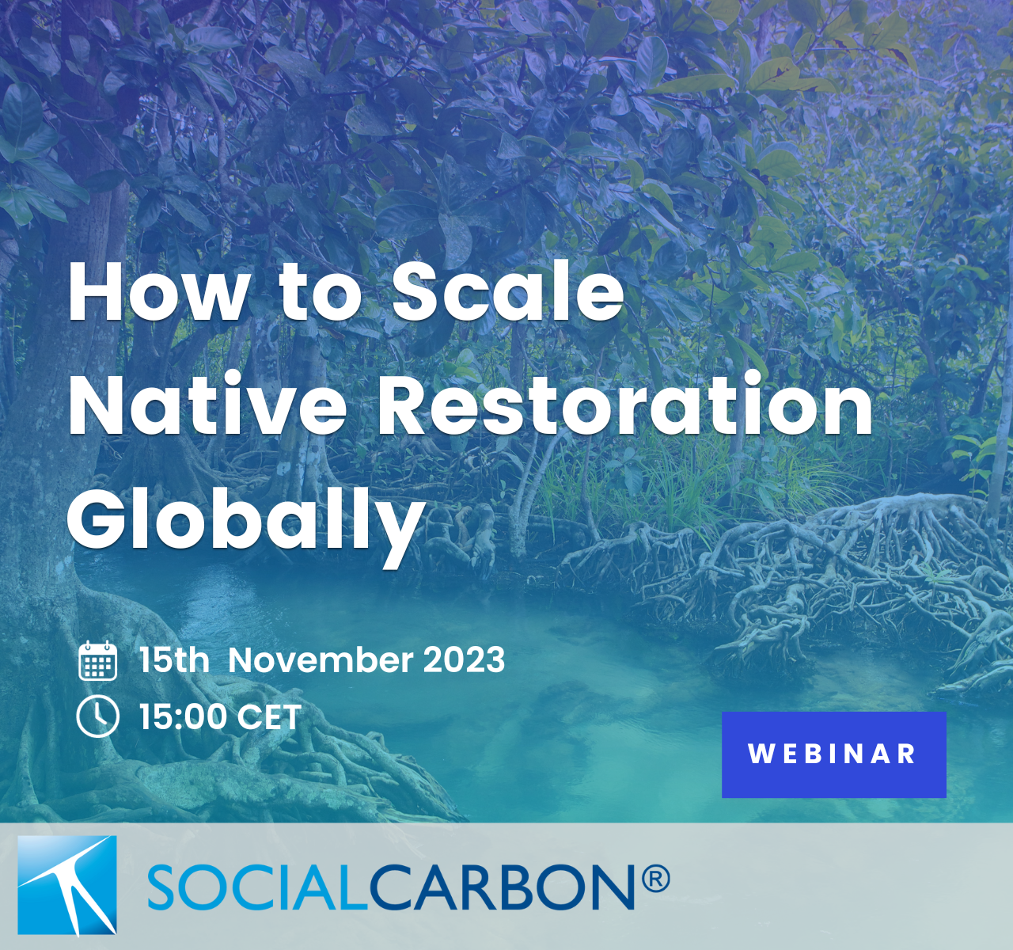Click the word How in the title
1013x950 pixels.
tap(157, 292)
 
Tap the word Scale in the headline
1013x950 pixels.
tap(507, 291)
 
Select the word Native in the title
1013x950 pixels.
tap(207, 405)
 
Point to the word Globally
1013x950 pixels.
tap(245, 522)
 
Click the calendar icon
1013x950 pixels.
tap(98, 660)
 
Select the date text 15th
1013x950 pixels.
tap(174, 660)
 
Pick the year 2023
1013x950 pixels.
tap(465, 660)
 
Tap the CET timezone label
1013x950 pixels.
tap(269, 716)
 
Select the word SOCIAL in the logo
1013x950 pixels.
tap(257, 887)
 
